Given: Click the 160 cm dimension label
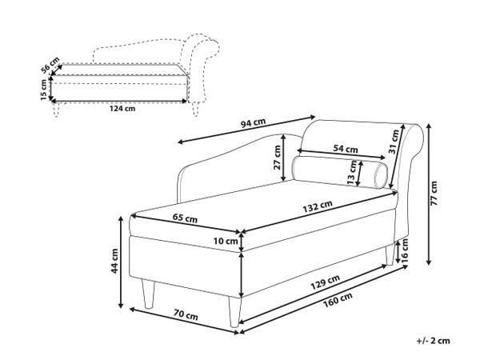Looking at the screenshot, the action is coord(338,298).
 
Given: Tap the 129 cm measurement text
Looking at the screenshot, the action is coord(326,282).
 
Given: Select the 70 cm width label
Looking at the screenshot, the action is coord(186,314).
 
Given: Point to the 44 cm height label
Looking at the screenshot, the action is coord(114,261).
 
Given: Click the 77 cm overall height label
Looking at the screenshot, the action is coord(434,193).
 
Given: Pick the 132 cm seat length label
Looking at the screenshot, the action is coord(318,206).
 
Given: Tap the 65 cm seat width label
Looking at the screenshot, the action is coord(185,218).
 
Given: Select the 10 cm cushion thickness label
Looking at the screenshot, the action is coord(226,242).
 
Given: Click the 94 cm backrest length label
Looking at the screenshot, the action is coord(253,122).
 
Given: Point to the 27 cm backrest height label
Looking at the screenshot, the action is coord(277,158).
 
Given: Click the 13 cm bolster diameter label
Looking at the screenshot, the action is coord(352,173).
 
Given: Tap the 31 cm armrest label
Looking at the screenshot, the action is coord(394,142).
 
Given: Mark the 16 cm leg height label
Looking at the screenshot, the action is coord(404,249).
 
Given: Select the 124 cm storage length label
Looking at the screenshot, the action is coord(122,108).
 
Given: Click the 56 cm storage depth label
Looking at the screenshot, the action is coord(50,66).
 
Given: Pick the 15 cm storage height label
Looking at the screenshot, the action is coord(44,90).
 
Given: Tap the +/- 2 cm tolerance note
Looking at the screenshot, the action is coord(433,341).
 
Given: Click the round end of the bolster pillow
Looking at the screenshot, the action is coord(381,175).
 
